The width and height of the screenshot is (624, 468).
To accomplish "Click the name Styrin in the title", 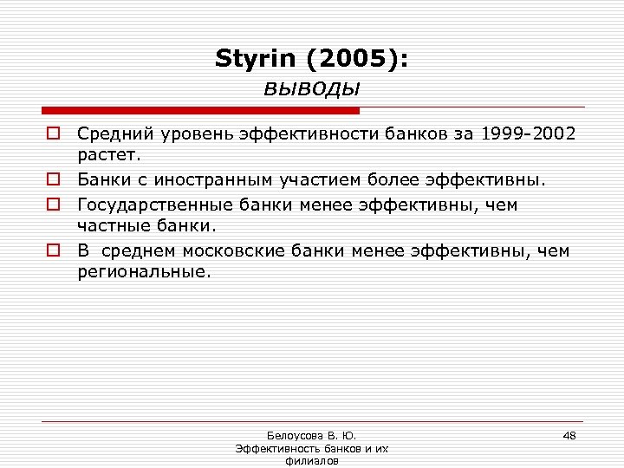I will click(254, 60).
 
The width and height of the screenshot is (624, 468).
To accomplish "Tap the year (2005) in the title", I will click(352, 60).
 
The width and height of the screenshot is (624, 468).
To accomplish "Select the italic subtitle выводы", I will click(311, 88).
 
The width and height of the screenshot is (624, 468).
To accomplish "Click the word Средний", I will click(109, 133).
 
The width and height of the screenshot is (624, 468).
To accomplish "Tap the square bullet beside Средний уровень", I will click(53, 133).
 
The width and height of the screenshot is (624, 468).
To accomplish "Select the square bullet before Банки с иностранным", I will click(53, 180).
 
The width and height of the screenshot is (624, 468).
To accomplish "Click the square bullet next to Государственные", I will click(53, 205).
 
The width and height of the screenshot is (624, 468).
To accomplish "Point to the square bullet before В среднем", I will click(53, 251).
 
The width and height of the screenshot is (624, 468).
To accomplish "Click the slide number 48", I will click(569, 434).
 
